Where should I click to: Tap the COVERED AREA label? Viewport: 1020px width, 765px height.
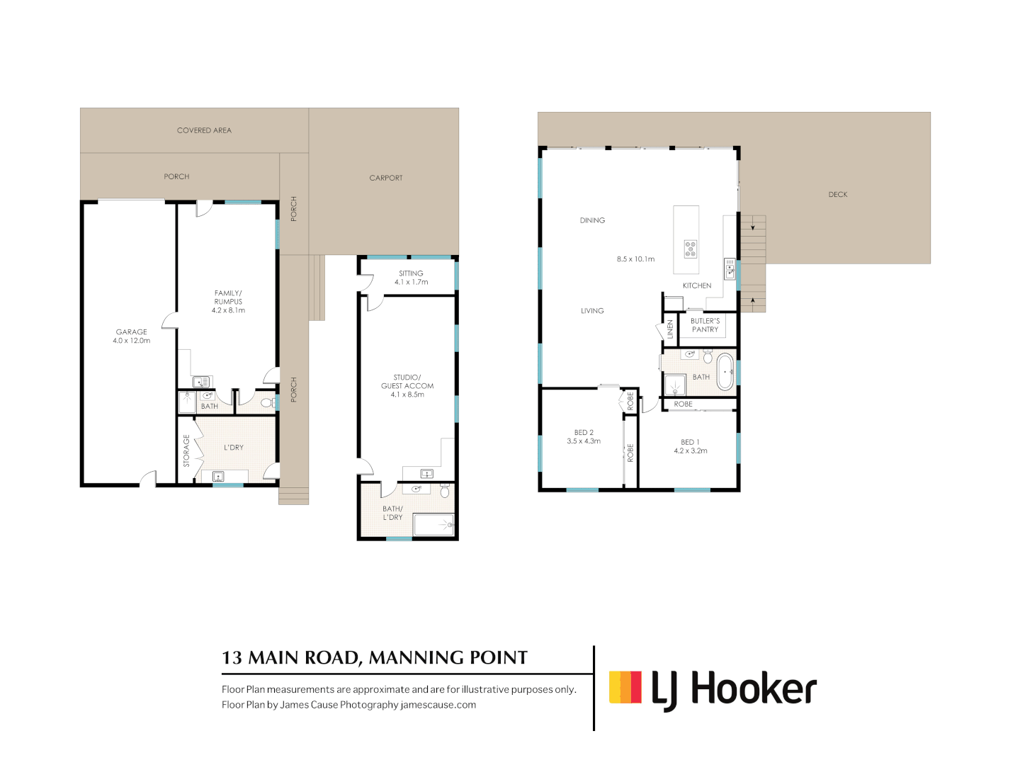click(204, 130)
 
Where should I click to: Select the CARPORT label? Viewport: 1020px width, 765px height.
click(386, 178)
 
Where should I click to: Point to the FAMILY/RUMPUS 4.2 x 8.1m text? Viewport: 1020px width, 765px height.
click(228, 302)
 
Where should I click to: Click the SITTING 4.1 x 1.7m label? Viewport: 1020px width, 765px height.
click(411, 278)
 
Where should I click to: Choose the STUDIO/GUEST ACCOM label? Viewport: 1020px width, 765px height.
click(407, 386)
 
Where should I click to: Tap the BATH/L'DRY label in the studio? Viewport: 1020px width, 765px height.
click(392, 513)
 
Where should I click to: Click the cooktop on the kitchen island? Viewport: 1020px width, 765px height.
click(691, 249)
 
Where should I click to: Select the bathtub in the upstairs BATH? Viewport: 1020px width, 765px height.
click(725, 372)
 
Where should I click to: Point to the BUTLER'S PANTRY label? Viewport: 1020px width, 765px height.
click(705, 325)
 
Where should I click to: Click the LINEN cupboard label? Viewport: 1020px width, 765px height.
click(670, 329)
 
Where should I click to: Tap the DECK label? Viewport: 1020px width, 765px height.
click(838, 194)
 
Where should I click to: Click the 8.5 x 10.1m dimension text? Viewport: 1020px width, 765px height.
click(635, 259)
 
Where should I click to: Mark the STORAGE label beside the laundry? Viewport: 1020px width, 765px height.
click(187, 450)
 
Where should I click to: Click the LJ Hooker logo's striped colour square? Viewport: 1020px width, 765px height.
click(625, 687)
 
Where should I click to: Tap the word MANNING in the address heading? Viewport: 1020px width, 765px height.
click(416, 658)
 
